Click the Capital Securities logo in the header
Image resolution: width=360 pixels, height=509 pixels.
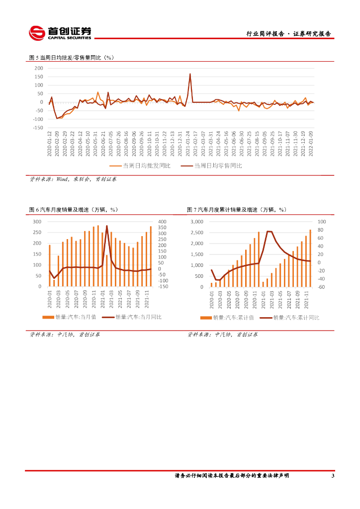[x=60, y=33]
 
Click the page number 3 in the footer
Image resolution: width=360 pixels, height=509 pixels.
[x=333, y=476]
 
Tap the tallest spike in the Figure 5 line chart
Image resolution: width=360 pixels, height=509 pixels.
[x=190, y=75]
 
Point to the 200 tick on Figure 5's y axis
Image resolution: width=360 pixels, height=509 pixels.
[x=39, y=68]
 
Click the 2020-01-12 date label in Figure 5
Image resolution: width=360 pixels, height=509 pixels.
[x=50, y=144]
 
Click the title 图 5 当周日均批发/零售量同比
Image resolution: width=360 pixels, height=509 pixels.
[x=72, y=58]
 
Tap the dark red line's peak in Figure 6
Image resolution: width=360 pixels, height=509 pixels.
[x=107, y=226]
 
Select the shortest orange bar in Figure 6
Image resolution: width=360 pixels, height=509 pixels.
[x=54, y=283]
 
